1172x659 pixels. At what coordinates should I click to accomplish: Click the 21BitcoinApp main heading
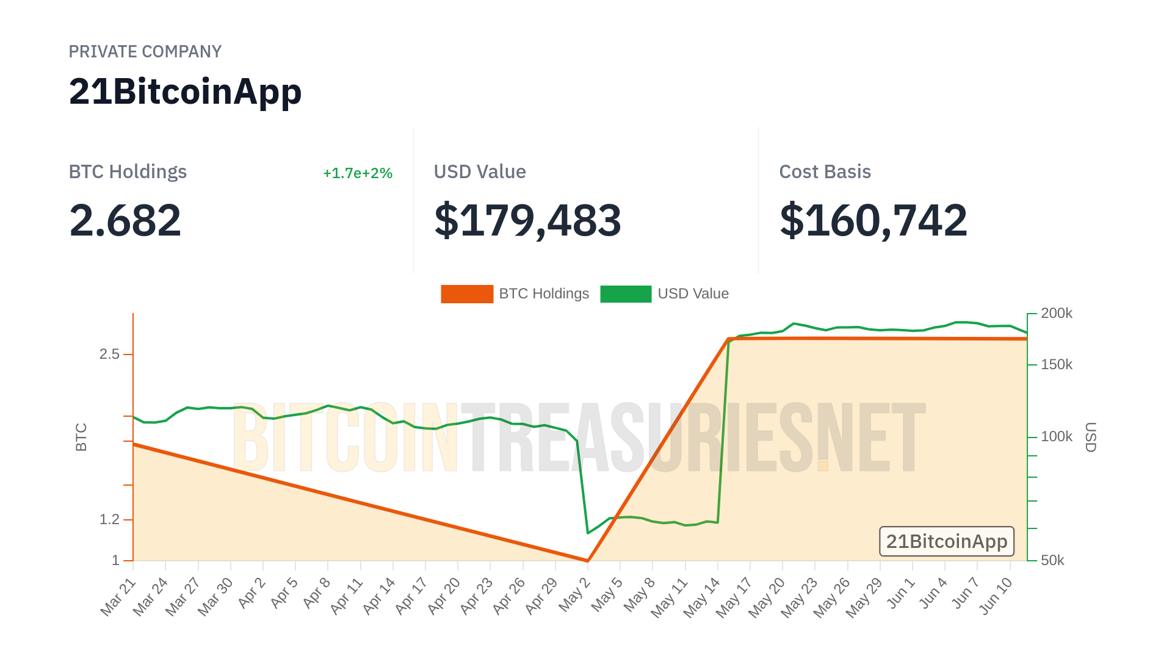coord(185,92)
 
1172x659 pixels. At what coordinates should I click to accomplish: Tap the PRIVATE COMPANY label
coord(145,52)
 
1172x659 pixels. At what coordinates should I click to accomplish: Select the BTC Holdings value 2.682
coord(125,220)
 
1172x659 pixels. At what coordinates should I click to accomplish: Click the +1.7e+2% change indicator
coord(358,173)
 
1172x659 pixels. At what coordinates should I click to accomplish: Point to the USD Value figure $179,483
coord(527,220)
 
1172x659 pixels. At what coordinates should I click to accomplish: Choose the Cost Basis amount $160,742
coord(873,220)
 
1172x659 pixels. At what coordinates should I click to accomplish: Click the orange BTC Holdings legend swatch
coord(467,294)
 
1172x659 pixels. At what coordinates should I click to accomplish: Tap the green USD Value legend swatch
coord(626,294)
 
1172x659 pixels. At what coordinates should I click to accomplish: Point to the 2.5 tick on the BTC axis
coord(110,354)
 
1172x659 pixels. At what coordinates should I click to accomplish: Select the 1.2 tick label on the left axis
coord(110,519)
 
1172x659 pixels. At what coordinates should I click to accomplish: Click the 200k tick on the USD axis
coord(1056,314)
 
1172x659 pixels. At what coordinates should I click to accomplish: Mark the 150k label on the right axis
coord(1056,365)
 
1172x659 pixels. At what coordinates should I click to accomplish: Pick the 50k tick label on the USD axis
coord(1052,560)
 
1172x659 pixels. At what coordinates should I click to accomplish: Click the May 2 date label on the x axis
coord(575,595)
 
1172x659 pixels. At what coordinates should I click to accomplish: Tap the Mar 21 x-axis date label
coord(118,597)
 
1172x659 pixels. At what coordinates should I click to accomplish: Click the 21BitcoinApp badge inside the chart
coord(946,541)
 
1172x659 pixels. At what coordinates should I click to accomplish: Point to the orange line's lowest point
coord(587,560)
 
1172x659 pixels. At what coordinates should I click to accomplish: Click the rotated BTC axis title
coord(81,437)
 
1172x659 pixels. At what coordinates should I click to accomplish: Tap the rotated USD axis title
coord(1090,437)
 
